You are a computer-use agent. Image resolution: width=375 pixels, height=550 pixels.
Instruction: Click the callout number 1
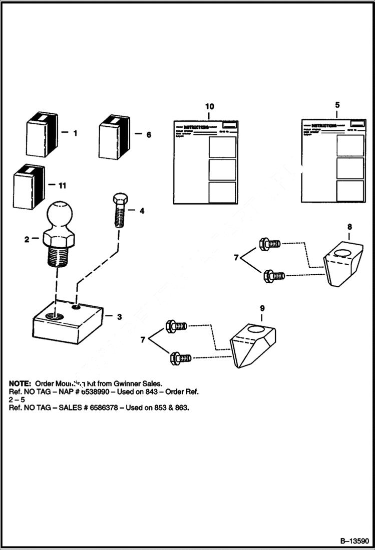pyautogui.click(x=75, y=133)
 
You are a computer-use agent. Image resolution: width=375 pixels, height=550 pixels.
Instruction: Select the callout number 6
pyautogui.click(x=148, y=135)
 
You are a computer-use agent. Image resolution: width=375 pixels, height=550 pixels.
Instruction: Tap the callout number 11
pyautogui.click(x=62, y=186)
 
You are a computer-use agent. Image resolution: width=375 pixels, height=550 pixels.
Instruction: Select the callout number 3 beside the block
pyautogui.click(x=119, y=317)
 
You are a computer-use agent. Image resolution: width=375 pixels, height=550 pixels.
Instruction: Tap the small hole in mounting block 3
pyautogui.click(x=76, y=306)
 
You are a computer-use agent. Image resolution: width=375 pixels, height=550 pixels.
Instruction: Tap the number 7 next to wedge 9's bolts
pyautogui.click(x=143, y=340)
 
